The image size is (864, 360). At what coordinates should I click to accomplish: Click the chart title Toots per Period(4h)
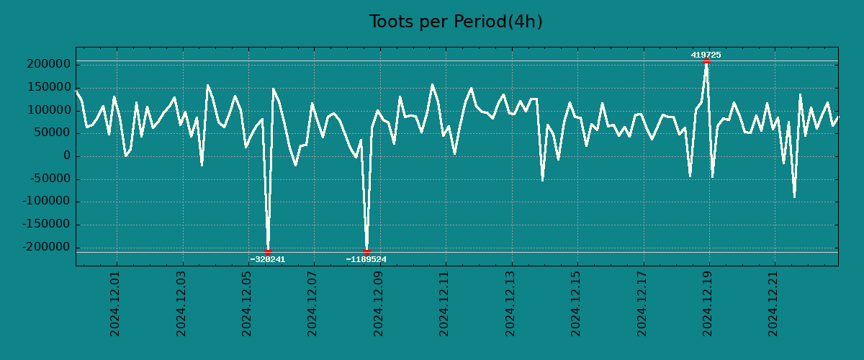(455, 22)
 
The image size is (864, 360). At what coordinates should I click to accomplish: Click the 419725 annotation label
(706, 55)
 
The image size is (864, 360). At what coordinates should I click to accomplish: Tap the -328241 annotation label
(268, 259)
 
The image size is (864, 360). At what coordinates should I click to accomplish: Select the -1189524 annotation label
(366, 259)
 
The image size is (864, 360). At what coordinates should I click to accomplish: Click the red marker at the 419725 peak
(706, 61)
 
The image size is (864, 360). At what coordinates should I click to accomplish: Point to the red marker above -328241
(268, 252)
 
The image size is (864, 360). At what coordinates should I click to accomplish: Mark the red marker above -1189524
(366, 252)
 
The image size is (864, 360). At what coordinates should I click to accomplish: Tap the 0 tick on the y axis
(66, 156)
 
